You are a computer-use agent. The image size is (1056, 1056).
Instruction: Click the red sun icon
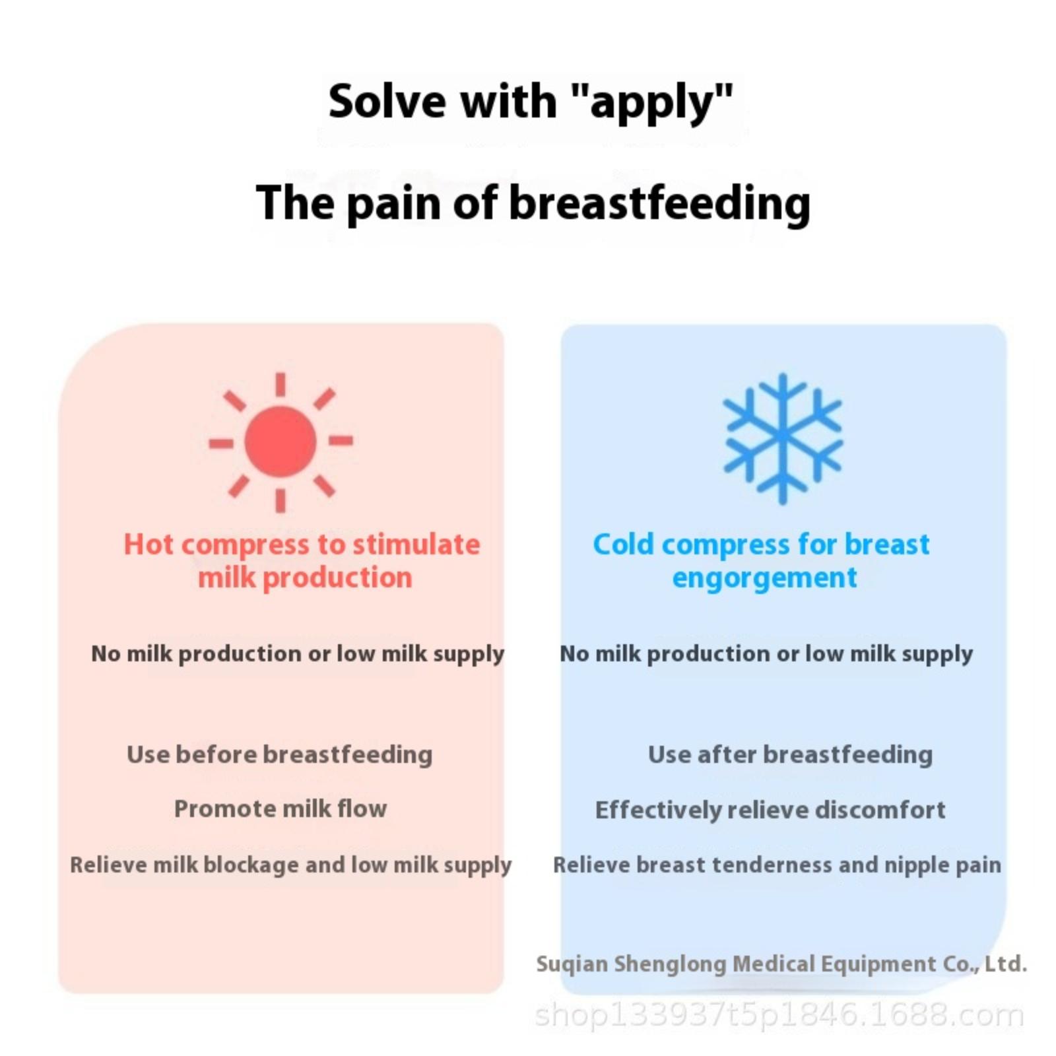coord(280,442)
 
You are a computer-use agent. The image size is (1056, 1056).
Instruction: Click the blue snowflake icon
coord(783,439)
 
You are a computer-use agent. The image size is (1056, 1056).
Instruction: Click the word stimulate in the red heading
coord(416,544)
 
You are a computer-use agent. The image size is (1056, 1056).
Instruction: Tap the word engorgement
coord(764,579)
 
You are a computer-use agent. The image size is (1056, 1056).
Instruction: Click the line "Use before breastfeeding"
coord(280,754)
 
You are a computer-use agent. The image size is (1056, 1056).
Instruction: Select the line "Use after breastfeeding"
coord(790,754)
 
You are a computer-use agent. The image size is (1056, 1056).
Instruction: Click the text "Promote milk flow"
coord(280,808)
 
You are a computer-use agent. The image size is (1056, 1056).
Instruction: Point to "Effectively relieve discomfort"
coord(770,810)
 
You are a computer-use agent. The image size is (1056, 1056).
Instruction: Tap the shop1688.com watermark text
coord(779,1015)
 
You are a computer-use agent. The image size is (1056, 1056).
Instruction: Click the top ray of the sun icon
coord(280,385)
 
